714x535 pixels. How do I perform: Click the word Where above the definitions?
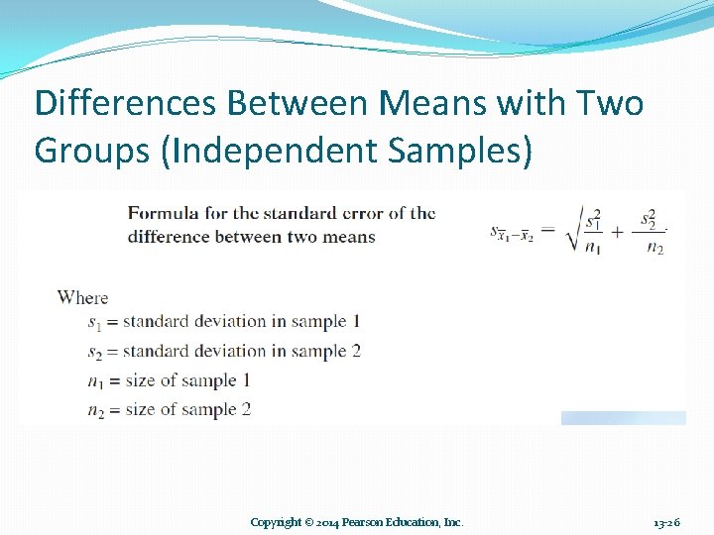[x=82, y=297]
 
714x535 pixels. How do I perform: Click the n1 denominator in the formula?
[x=592, y=248]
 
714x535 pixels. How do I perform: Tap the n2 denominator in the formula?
[x=654, y=248]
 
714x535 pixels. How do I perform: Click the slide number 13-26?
[x=667, y=522]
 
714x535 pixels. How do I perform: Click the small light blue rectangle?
[x=623, y=418]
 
